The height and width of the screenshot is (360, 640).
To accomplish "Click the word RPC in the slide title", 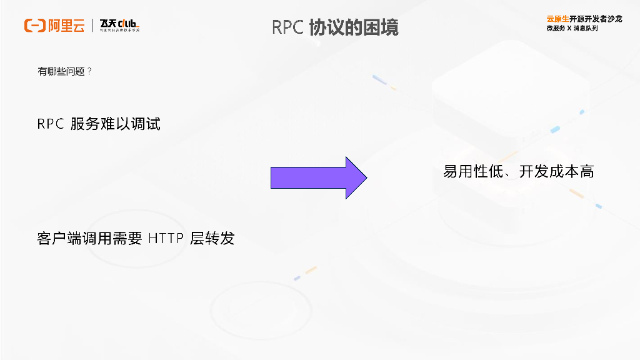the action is [x=287, y=27].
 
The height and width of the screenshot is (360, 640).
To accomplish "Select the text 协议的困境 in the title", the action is [x=354, y=27].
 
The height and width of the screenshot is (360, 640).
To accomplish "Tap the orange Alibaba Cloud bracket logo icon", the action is [x=34, y=26].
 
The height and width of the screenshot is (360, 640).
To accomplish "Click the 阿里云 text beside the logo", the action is [x=66, y=26].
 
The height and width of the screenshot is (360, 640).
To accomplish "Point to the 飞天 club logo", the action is [x=119, y=26].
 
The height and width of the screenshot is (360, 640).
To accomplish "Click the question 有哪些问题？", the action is [x=65, y=72].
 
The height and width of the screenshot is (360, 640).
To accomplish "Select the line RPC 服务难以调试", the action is [x=99, y=124].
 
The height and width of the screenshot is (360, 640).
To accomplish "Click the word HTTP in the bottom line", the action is [x=167, y=239].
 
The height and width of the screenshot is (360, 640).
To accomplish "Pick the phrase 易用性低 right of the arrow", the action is [x=472, y=172].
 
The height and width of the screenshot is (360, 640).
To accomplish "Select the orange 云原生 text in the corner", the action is [x=557, y=19].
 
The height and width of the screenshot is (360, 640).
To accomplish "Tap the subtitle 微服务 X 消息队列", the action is [x=572, y=29].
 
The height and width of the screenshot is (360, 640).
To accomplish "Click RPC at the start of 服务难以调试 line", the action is [x=51, y=124].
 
